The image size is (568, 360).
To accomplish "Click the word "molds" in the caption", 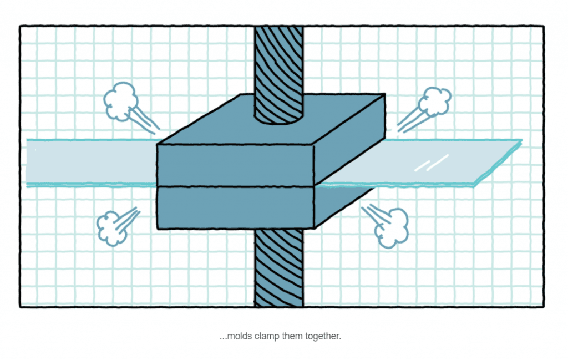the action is (239, 336).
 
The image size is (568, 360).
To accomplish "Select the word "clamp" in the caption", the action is (267, 337).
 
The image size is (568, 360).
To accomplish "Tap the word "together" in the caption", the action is (323, 337).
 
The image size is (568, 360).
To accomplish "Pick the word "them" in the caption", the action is (292, 336).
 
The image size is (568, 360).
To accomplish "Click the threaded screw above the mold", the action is (278, 73).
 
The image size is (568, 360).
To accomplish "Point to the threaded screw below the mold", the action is (278, 268).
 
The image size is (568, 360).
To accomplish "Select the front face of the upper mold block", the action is (235, 165).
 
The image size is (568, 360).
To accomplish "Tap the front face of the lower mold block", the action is (235, 208).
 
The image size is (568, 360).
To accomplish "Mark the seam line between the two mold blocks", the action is (235, 187).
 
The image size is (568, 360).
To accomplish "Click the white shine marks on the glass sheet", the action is (431, 163).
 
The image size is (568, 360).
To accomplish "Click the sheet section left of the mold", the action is (92, 163).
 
